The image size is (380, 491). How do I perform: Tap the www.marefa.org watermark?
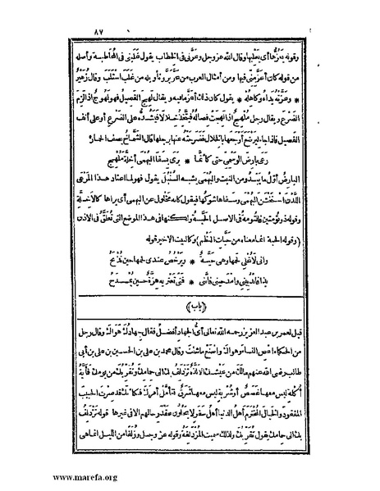(52, 476)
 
